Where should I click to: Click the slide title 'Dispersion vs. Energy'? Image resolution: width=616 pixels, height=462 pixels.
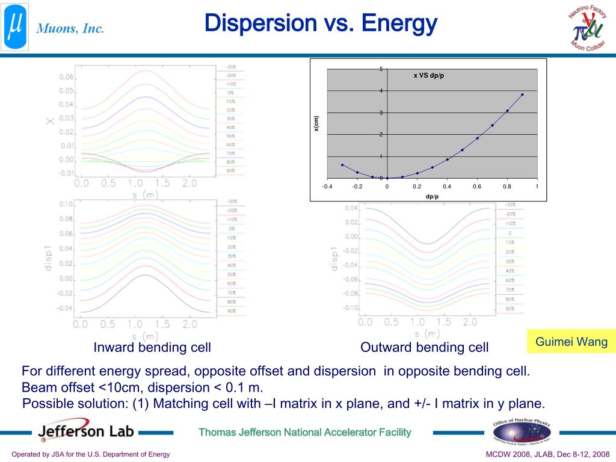point(320,24)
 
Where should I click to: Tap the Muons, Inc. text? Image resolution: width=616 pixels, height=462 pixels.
point(70,28)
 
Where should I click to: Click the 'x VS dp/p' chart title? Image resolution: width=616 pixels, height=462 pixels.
point(428,75)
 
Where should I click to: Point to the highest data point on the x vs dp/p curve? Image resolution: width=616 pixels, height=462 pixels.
point(522,94)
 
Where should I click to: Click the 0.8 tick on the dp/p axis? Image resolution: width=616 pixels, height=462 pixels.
point(507,186)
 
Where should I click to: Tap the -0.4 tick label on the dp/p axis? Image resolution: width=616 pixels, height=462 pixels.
point(327,186)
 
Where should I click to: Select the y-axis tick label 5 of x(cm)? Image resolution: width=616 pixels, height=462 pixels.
point(381,69)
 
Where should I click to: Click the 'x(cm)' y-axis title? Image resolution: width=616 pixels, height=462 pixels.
point(316,123)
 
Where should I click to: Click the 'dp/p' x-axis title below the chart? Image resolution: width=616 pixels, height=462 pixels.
point(432,196)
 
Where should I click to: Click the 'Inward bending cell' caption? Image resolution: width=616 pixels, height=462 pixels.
point(152,348)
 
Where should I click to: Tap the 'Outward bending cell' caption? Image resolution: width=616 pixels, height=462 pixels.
point(424,348)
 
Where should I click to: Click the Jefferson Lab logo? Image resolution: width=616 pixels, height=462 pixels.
point(86,431)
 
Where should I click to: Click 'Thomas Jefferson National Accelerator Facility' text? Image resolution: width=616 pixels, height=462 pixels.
point(305,432)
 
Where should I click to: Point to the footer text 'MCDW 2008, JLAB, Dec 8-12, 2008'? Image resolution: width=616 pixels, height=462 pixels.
point(547,454)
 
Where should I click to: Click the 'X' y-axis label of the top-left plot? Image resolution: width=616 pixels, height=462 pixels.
point(50,121)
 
